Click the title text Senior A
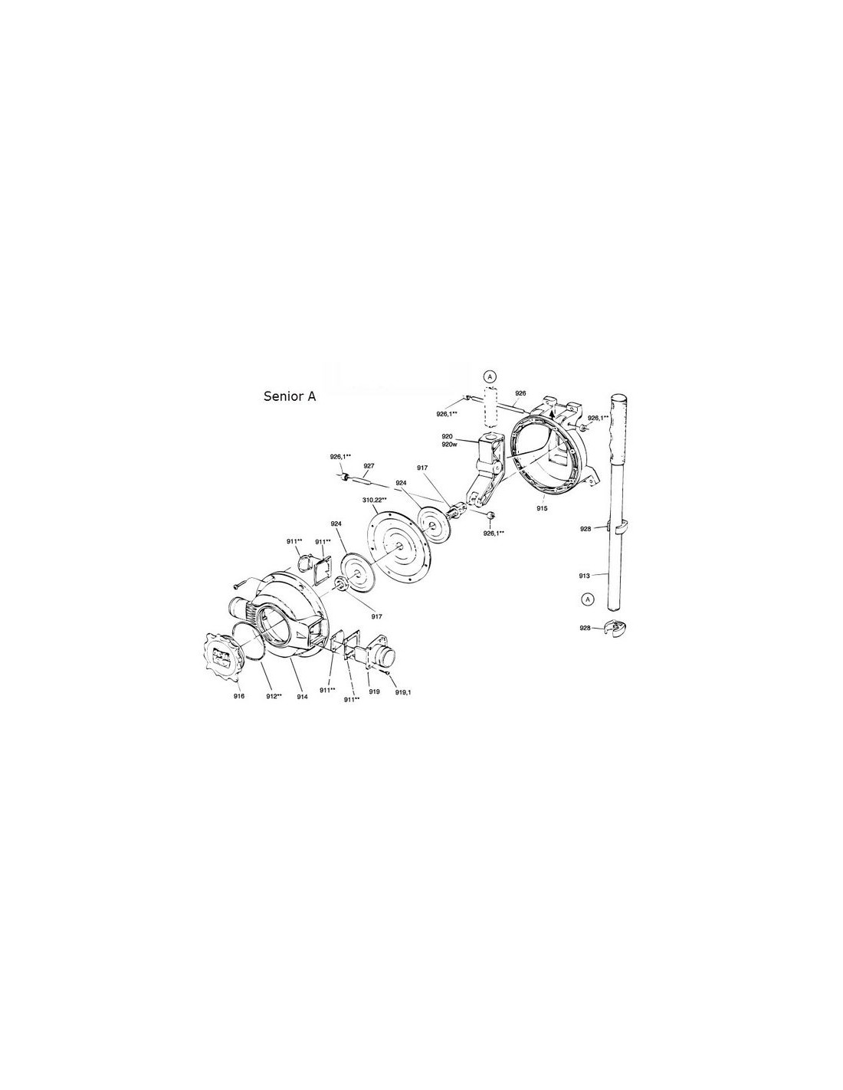[290, 396]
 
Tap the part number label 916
[238, 696]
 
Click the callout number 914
[302, 697]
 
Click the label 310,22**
[374, 501]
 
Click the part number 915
[541, 507]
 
